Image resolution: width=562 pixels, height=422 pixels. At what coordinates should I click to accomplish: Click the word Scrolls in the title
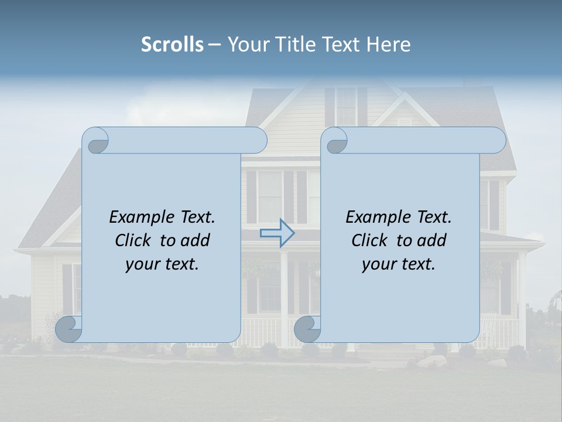172,45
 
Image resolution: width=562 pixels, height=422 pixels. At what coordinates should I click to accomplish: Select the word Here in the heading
388,45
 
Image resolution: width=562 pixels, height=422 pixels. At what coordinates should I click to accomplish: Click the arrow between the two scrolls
277,233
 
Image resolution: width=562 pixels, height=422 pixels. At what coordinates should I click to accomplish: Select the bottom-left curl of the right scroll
308,329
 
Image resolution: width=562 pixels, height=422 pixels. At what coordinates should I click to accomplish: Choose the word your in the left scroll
142,264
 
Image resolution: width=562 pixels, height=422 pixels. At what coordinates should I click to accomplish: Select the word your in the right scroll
378,264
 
